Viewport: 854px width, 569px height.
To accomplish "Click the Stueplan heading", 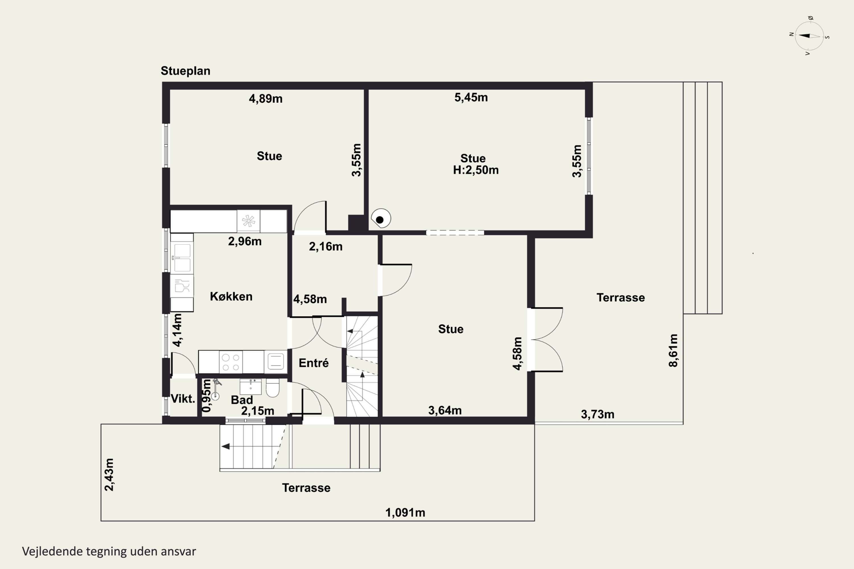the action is click(186, 71).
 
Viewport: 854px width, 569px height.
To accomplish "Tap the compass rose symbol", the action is click(809, 36).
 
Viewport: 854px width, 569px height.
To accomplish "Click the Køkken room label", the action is click(231, 296).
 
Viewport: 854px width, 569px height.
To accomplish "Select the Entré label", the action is click(314, 363).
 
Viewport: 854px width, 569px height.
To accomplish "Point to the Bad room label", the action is click(242, 400).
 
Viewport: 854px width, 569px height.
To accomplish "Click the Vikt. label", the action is click(183, 399).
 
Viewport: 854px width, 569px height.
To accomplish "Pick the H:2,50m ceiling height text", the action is click(476, 170).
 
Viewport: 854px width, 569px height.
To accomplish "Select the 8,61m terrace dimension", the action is click(673, 351).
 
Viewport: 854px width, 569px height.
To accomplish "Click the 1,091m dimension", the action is click(405, 513).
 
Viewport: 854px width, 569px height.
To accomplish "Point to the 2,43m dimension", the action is click(109, 475).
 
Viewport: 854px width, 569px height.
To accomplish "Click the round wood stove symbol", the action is click(381, 218).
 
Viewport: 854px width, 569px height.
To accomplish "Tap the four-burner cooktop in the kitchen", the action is click(231, 362).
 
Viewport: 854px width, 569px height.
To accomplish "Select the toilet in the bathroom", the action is click(272, 388).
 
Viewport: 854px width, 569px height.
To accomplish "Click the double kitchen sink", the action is click(182, 258).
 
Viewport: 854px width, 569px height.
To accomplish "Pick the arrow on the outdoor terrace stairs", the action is click(225, 446).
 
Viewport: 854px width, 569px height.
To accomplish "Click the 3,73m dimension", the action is click(598, 415).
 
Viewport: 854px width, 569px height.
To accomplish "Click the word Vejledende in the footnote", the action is click(53, 551).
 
